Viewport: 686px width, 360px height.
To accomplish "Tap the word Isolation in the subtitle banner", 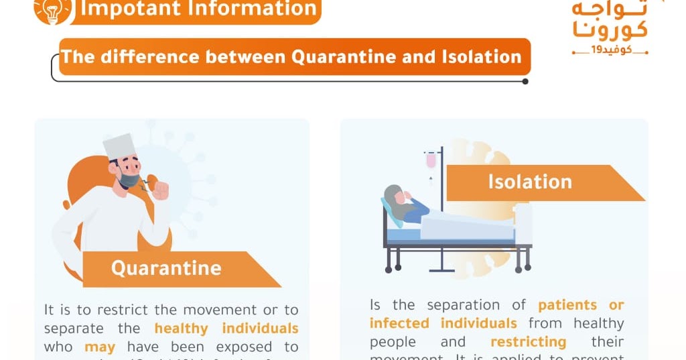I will point(482,56).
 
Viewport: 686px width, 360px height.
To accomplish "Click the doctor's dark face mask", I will point(128,180).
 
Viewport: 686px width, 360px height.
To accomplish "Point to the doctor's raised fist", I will point(160,190).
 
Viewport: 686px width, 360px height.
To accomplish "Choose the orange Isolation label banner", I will point(536,182).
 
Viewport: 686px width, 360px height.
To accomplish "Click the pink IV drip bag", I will point(431,160).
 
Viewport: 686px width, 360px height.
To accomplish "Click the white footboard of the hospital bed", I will point(523,224).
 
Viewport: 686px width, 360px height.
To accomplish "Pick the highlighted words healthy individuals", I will point(226,328).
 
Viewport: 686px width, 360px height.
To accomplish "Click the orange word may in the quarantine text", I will point(100,347).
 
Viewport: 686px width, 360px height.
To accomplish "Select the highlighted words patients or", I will point(581,305).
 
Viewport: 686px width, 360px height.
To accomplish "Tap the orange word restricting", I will point(528,342).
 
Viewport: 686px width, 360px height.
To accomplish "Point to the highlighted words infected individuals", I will point(443,323).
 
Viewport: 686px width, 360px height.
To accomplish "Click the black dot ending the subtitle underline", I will point(525,81).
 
